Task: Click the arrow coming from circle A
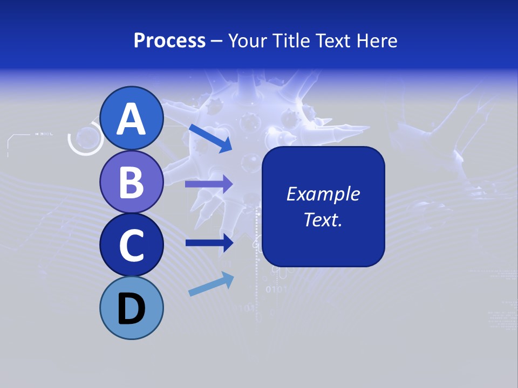coord(210,137)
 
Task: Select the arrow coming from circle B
coord(209,184)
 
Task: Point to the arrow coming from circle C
coord(209,242)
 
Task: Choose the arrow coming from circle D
coord(211,284)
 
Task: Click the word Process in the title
coord(169,40)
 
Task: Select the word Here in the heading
coord(377,40)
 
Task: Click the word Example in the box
coord(323,194)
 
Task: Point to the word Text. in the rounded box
coord(323,219)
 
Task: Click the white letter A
coord(131,120)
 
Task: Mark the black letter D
coord(131,309)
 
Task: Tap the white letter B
coord(131,182)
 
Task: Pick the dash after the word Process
coord(217,41)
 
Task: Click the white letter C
coord(131,245)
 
